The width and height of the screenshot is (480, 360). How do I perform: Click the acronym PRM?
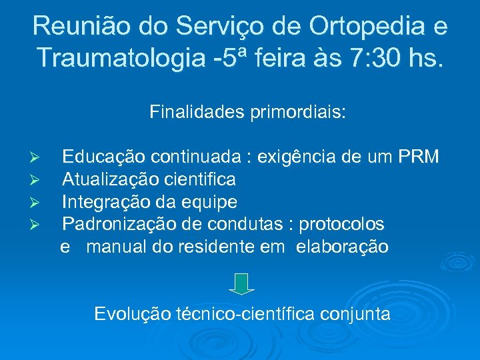point(417,157)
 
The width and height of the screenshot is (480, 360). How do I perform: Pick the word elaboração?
point(342,246)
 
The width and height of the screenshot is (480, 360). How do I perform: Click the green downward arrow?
point(242,284)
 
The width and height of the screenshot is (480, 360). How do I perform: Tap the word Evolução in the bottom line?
point(133,313)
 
